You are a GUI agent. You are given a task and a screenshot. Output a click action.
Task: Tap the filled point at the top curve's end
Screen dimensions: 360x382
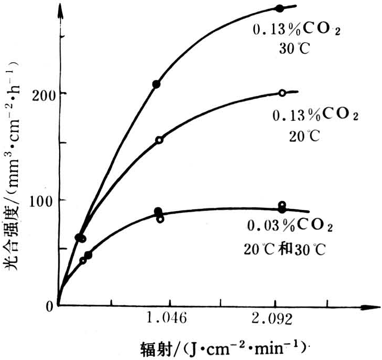coord(280,8)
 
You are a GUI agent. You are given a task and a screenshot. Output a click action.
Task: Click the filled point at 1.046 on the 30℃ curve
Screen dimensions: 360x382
coord(156,84)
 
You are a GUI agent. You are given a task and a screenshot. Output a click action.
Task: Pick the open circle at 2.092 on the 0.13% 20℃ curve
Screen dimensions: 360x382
coord(282,92)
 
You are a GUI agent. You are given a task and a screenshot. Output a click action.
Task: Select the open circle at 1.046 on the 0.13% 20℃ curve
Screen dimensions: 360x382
coord(159,140)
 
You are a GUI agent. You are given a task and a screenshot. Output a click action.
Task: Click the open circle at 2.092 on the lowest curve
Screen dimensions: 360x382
coord(282,205)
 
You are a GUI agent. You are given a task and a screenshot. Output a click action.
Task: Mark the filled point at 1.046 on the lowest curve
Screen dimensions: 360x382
coord(158,211)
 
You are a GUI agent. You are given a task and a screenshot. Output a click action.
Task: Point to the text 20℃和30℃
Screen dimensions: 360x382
coord(285,249)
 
